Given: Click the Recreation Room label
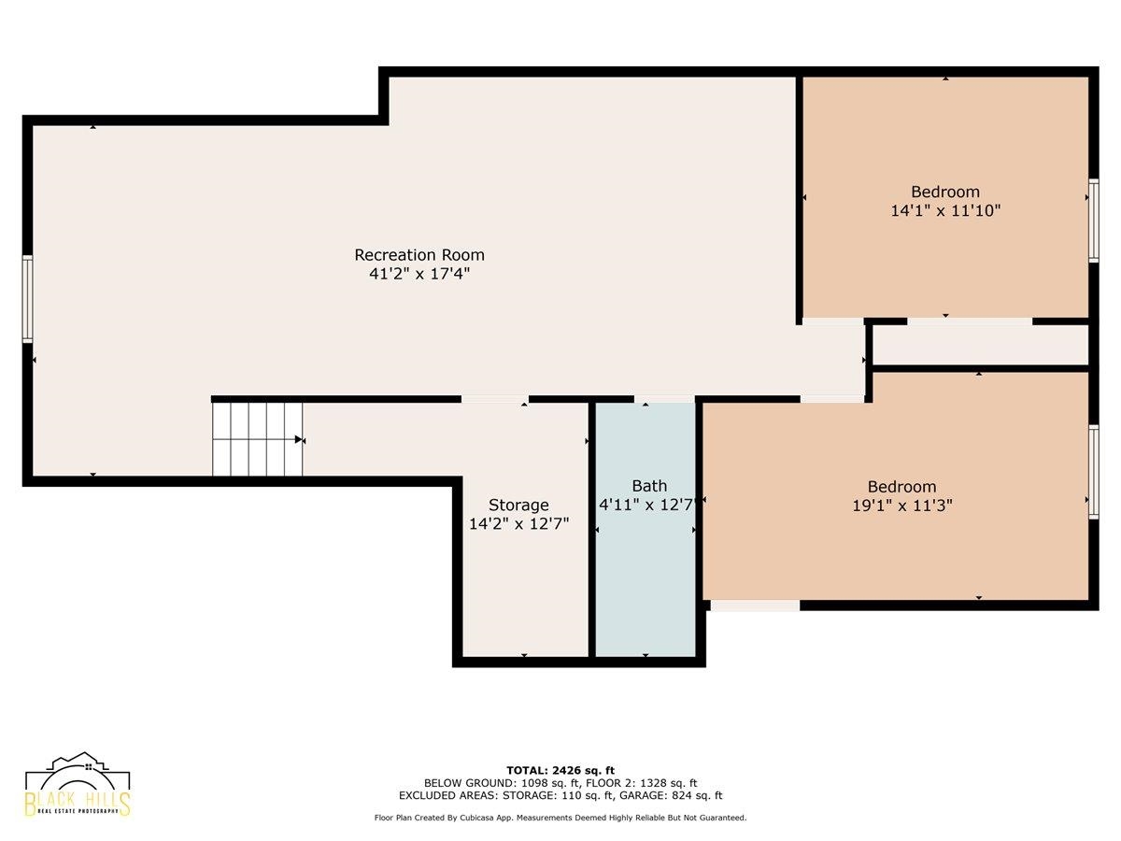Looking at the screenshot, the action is [419, 254].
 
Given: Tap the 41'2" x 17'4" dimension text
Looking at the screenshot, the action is [419, 274].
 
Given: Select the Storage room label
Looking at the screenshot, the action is [518, 505].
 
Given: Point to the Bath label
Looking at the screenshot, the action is [649, 486].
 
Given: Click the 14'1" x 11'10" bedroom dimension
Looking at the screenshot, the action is [945, 210].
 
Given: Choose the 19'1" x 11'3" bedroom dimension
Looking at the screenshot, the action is [901, 506].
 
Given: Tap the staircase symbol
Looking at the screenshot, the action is [258, 439].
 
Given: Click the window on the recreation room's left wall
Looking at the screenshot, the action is [28, 299].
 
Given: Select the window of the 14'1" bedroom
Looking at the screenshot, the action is [1093, 221].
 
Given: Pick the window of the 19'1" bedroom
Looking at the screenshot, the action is [1093, 472].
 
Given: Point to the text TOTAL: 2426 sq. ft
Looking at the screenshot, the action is [560, 770].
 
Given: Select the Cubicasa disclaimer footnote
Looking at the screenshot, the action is [560, 818].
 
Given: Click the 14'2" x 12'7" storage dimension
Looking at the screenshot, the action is [518, 524].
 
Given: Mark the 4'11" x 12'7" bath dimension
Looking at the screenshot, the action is [647, 505].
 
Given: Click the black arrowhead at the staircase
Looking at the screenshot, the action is [299, 439].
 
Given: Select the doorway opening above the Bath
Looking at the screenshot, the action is [664, 399].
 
